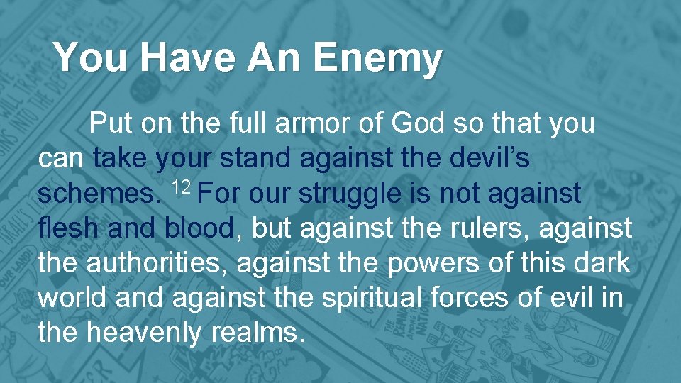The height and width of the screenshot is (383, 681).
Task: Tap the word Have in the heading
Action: pyautogui.click(x=186, y=57)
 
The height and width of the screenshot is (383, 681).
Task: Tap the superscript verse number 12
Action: pyautogui.click(x=182, y=187)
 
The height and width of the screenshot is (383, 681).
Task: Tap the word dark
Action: pyautogui.click(x=602, y=263)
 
